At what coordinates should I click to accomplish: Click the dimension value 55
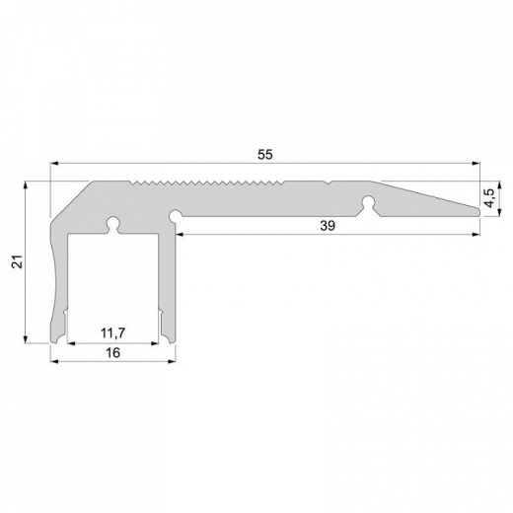[x=263, y=155]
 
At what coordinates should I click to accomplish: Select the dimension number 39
[x=328, y=226]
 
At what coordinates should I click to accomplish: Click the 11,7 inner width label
[x=112, y=331]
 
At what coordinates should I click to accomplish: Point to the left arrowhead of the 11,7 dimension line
[x=70, y=341]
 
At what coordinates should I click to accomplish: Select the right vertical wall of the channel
[x=168, y=286]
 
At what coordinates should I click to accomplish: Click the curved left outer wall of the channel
[x=55, y=286]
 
